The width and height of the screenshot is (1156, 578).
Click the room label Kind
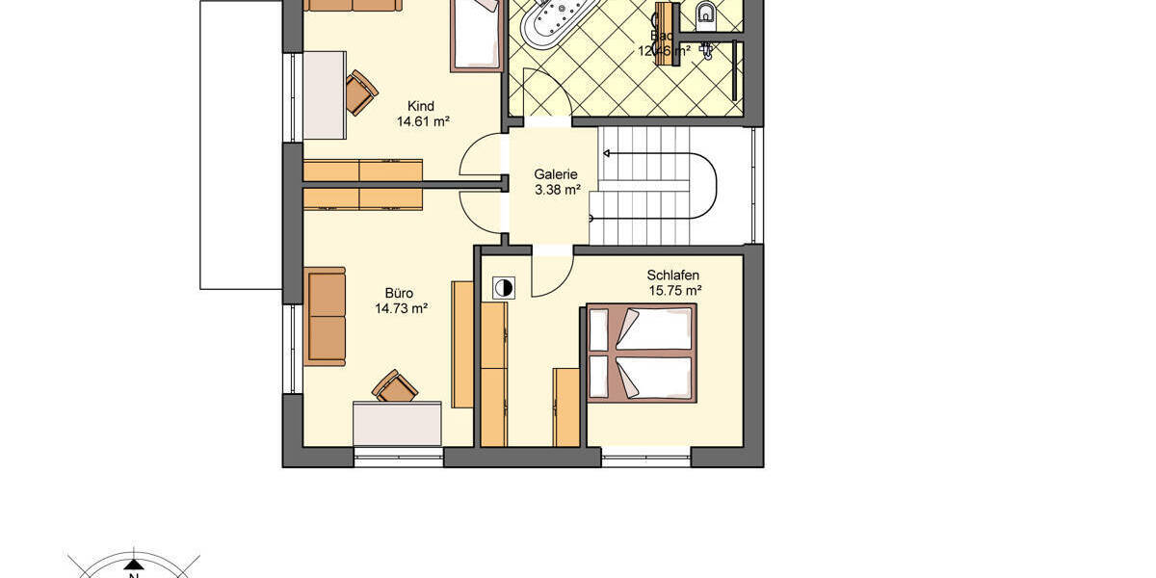421,106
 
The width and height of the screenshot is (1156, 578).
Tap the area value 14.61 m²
424,122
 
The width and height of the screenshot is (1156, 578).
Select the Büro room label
399,293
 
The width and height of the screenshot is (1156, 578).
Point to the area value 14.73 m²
402,309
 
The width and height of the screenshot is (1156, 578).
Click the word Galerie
556,174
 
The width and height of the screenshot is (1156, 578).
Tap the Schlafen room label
672,275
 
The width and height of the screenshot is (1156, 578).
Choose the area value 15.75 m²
674,290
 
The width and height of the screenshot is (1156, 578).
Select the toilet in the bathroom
706,13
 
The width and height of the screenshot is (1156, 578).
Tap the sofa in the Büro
326,316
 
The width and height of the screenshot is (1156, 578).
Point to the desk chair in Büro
395,385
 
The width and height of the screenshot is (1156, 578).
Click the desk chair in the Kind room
361,92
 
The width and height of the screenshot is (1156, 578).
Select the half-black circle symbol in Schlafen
503,287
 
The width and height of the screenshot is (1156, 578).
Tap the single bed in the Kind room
476,36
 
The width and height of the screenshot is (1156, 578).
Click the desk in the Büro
397,423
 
